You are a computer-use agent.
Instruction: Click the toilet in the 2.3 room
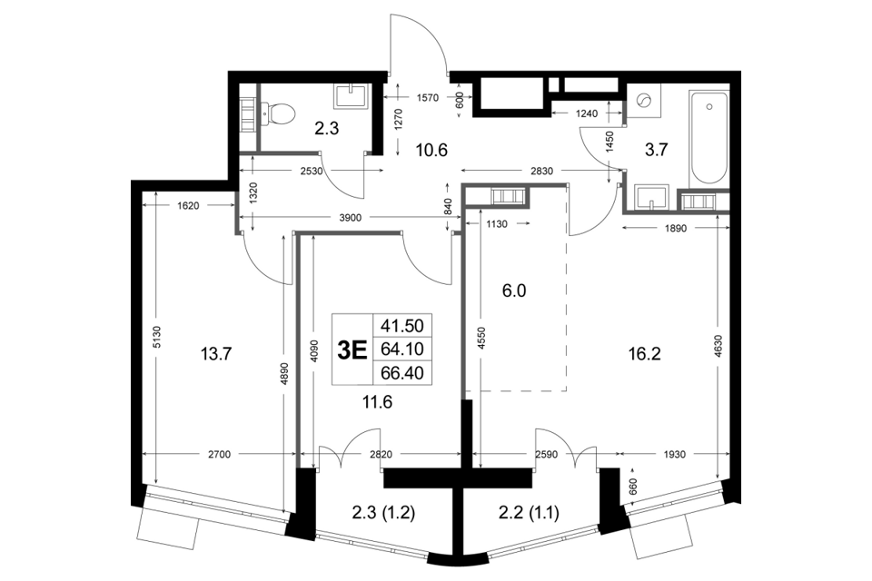pyautogui.click(x=278, y=113)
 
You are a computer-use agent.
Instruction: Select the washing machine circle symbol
pyautogui.click(x=644, y=101)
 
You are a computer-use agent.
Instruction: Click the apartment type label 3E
pyautogui.click(x=352, y=350)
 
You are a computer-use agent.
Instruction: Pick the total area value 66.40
pyautogui.click(x=402, y=373)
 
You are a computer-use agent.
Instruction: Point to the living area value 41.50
pyautogui.click(x=402, y=325)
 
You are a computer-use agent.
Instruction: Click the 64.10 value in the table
pyautogui.click(x=402, y=350)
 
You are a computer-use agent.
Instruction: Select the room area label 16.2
pyautogui.click(x=645, y=354)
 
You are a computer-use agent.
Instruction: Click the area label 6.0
pyautogui.click(x=514, y=290)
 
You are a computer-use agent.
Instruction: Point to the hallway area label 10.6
pyautogui.click(x=432, y=150)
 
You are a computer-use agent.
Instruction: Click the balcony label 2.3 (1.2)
pyautogui.click(x=383, y=513)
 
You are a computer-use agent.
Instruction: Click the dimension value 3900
pyautogui.click(x=351, y=218)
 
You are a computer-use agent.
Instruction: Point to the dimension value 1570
pyautogui.click(x=428, y=98)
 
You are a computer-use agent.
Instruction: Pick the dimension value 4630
pyautogui.click(x=718, y=346)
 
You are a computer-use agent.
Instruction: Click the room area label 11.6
pyautogui.click(x=378, y=401)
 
